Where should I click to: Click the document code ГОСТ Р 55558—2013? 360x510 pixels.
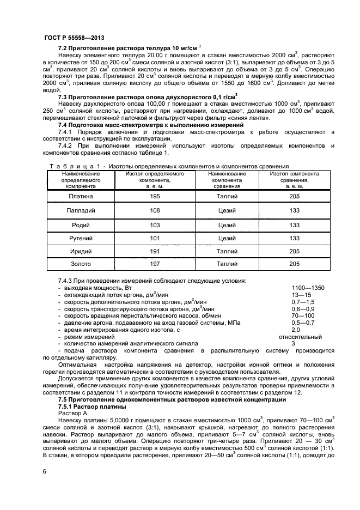click(x=74, y=37)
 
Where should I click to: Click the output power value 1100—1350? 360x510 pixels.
click(x=308, y=288)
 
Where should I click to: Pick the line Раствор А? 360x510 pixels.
click(x=72, y=414)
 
